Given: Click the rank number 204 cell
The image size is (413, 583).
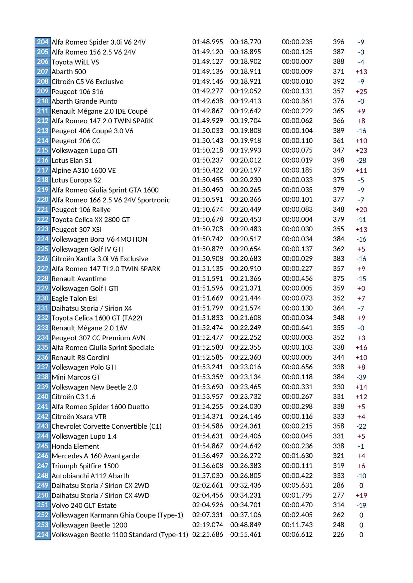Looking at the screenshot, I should tap(43, 42).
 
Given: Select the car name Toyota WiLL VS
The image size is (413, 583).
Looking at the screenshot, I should tap(75, 62).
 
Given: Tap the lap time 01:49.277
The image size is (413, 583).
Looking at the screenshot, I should tap(208, 91).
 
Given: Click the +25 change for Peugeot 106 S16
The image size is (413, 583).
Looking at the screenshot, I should tap(361, 91).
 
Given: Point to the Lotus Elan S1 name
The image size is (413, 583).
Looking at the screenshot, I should tap(72, 161).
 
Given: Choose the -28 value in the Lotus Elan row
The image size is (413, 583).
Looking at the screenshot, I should tap(361, 161).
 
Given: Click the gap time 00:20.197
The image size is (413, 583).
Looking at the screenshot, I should tap(246, 170).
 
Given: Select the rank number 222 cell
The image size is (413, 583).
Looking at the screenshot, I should tap(43, 219).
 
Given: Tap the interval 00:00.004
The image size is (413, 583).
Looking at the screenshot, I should tap(297, 219).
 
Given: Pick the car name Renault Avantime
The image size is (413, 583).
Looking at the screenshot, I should tap(79, 279).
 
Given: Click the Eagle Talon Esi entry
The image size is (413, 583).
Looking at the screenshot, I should tap(74, 298).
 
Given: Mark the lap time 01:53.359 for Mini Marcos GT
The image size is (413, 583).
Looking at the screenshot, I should tap(208, 377).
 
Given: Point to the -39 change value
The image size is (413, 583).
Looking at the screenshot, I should tap(361, 377).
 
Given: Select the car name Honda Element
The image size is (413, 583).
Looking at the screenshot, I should tap(75, 446).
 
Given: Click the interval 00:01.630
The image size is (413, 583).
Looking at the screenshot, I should tap(297, 456).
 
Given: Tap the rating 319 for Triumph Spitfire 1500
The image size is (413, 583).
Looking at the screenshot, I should tap(338, 466).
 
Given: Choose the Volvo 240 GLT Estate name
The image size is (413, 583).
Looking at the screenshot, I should tap(84, 506).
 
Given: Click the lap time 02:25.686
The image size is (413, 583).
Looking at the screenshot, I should tap(208, 534).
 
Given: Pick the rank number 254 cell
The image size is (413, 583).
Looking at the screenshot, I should tap(43, 534).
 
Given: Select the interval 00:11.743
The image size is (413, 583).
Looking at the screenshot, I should tap(297, 525).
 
